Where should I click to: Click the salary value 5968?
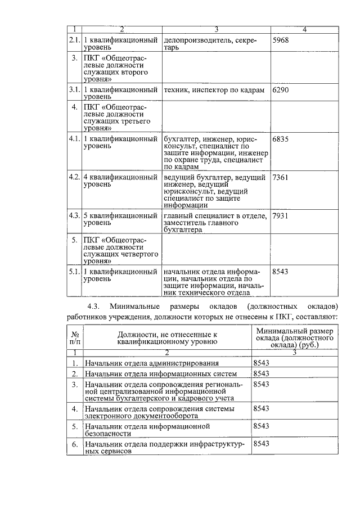(x=280, y=40)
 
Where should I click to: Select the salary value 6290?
(x=280, y=89)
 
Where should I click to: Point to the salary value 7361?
(x=280, y=178)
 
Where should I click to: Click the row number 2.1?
(x=74, y=40)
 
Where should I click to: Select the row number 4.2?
(x=74, y=178)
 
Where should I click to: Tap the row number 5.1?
(x=74, y=271)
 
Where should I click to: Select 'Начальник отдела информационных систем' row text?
(x=157, y=373)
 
